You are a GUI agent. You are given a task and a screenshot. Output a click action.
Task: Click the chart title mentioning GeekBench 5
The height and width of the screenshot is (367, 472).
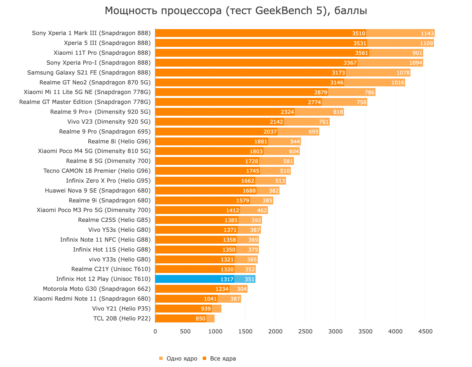click(x=236, y=11)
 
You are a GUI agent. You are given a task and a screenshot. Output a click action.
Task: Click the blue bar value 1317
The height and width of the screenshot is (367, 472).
click(x=227, y=279)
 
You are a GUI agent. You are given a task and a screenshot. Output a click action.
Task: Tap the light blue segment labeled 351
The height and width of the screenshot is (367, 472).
click(x=250, y=279)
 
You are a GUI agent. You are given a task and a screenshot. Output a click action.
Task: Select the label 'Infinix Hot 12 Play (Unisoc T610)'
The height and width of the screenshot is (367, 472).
click(x=103, y=279)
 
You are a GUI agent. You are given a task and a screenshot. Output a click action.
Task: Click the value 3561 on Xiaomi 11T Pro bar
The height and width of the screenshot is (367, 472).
click(x=362, y=53)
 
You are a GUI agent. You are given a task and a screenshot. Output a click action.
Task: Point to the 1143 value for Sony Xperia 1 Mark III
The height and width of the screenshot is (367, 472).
click(x=427, y=33)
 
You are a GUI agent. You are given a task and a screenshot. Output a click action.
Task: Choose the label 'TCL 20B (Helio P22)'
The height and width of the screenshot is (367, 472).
click(x=122, y=318)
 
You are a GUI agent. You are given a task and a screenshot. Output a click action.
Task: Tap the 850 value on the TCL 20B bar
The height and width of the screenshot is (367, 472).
click(x=200, y=318)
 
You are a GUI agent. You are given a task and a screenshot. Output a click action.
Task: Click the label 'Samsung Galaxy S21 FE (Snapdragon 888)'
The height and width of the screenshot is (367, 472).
click(x=89, y=73)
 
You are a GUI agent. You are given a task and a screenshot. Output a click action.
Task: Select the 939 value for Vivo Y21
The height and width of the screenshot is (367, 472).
click(x=206, y=309)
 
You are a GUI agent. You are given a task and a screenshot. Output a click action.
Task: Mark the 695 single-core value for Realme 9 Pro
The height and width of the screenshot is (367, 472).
click(x=313, y=132)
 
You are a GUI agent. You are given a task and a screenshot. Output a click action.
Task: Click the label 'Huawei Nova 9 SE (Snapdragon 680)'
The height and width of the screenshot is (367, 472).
click(x=98, y=191)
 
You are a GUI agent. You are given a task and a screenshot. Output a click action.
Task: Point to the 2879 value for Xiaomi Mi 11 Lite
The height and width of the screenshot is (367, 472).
click(x=321, y=92)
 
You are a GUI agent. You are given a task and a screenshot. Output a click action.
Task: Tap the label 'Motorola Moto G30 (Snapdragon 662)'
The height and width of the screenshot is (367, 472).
click(x=97, y=289)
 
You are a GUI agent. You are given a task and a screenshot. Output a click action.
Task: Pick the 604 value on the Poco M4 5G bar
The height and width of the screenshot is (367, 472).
click(x=294, y=151)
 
